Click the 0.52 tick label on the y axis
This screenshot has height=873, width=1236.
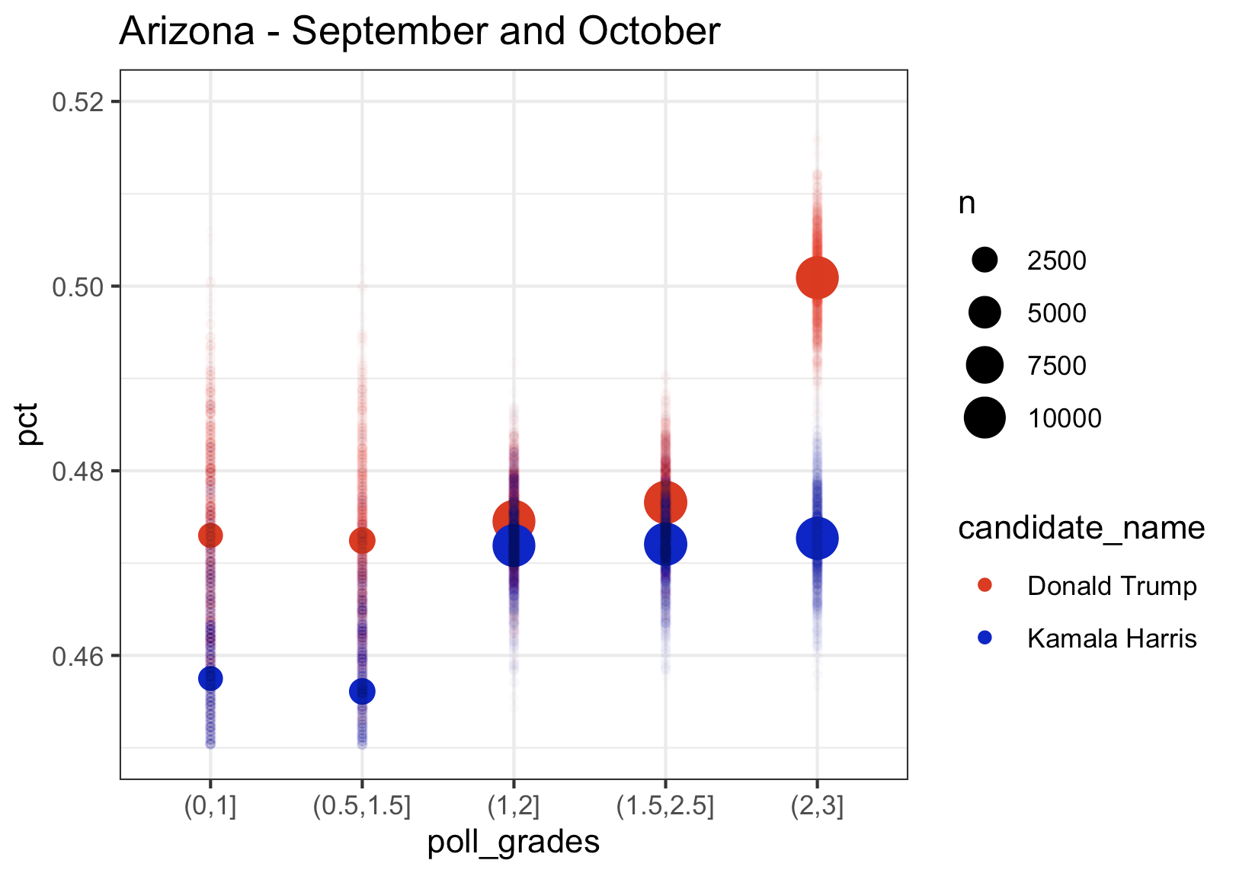78,101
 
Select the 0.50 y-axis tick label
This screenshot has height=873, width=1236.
78,286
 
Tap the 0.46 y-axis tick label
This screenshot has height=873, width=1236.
78,656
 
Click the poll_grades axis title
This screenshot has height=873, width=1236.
513,843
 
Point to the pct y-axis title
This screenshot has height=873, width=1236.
29,424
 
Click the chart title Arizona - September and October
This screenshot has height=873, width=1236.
419,32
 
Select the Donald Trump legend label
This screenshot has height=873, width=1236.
1111,586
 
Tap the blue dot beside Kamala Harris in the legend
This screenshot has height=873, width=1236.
985,638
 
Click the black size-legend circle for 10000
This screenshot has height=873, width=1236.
985,418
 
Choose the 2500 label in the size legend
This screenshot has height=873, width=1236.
1056,261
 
